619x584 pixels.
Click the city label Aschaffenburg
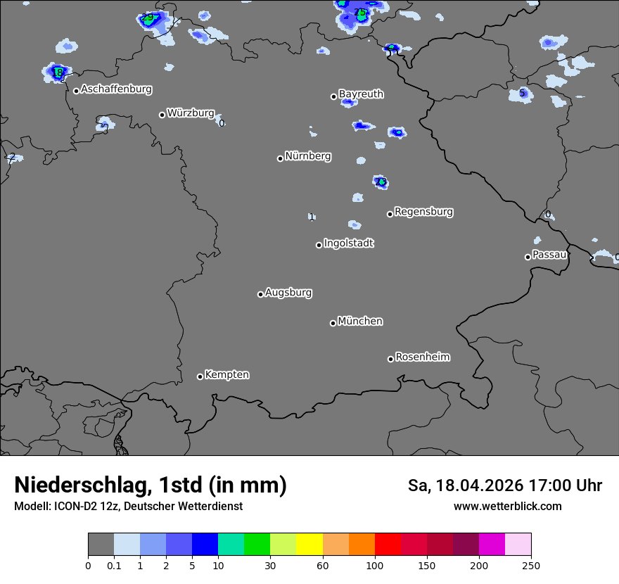click(116, 89)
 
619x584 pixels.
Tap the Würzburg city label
click(190, 113)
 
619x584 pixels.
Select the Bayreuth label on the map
click(361, 94)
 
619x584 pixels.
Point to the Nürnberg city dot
click(280, 158)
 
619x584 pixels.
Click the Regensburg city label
click(423, 211)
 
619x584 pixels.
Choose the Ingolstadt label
click(348, 243)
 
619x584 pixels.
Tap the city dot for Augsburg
click(260, 294)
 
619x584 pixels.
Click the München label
click(360, 321)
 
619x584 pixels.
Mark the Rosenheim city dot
click(390, 360)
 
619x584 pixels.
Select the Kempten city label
click(226, 374)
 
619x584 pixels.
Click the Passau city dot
click(528, 257)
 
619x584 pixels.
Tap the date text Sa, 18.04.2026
click(464, 485)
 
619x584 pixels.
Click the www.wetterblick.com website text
click(508, 506)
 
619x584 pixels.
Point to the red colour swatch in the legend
click(388, 545)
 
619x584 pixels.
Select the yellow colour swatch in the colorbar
click(309, 545)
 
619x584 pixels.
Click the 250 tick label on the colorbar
click(531, 565)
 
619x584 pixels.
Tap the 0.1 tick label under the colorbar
click(114, 565)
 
